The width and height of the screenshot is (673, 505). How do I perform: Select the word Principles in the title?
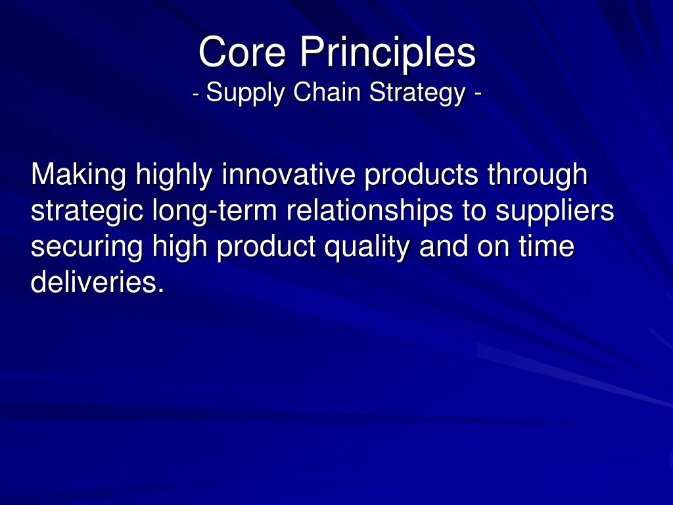click(388, 53)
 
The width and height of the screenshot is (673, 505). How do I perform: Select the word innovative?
click(289, 174)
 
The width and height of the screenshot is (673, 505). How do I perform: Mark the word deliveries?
click(97, 283)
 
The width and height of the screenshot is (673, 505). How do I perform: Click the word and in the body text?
click(444, 247)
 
